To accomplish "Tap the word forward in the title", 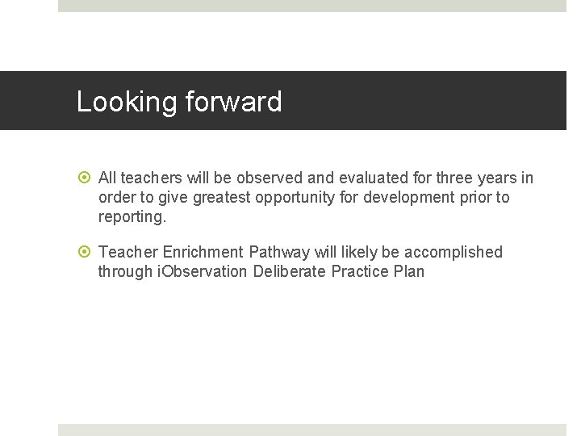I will tap(233, 102).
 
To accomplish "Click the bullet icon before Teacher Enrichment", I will tap(86, 253).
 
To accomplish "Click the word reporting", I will tap(132, 216).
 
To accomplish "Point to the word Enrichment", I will tap(206, 252).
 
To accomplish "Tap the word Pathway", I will tap(279, 252).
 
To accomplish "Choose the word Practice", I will tap(361, 271).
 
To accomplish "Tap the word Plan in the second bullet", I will tap(409, 271).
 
